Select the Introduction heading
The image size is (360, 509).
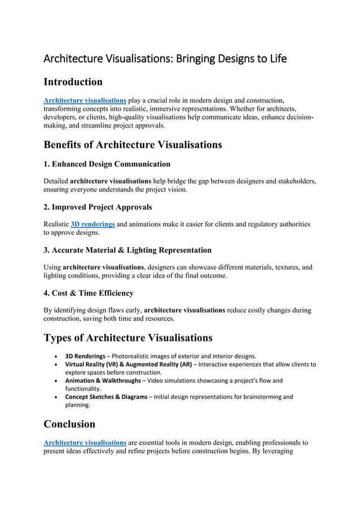click(73, 82)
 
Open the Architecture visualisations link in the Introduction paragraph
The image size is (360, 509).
click(85, 100)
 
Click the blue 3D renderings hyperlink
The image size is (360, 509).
click(93, 224)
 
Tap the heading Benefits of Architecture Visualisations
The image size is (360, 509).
click(133, 144)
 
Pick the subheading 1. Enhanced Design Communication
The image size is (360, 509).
click(107, 164)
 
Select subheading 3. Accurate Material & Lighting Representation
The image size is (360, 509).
click(128, 250)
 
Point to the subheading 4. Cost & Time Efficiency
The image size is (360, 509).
click(89, 293)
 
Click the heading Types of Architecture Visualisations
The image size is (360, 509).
click(128, 338)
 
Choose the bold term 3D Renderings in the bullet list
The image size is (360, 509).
click(85, 356)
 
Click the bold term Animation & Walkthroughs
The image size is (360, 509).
click(103, 380)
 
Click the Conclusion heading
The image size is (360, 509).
click(69, 424)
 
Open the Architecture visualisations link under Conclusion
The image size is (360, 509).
click(85, 442)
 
